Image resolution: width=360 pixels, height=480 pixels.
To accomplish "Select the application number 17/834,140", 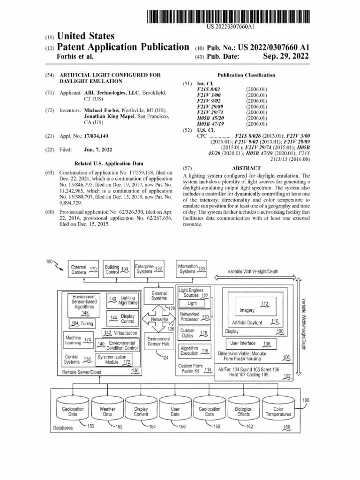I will click(x=97, y=136).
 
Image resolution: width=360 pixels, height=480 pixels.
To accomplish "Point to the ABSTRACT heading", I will click(x=246, y=168).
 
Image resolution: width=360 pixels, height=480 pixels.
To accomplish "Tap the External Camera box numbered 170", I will click(x=83, y=269).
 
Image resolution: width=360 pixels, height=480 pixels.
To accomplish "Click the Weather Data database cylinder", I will click(x=107, y=411).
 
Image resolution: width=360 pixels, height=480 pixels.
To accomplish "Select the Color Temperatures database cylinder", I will click(x=278, y=411).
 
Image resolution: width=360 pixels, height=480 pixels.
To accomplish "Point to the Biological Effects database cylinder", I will click(x=244, y=411).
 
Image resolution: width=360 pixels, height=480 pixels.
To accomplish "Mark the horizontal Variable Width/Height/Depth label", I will click(x=253, y=271).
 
